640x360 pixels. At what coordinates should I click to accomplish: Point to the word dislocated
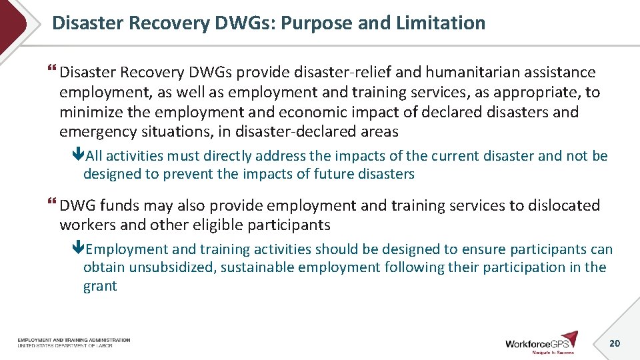(565, 205)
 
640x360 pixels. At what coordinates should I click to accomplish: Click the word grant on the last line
(100, 287)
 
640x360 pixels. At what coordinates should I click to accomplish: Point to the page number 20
(615, 343)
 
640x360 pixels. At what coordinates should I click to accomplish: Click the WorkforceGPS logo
(541, 343)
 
